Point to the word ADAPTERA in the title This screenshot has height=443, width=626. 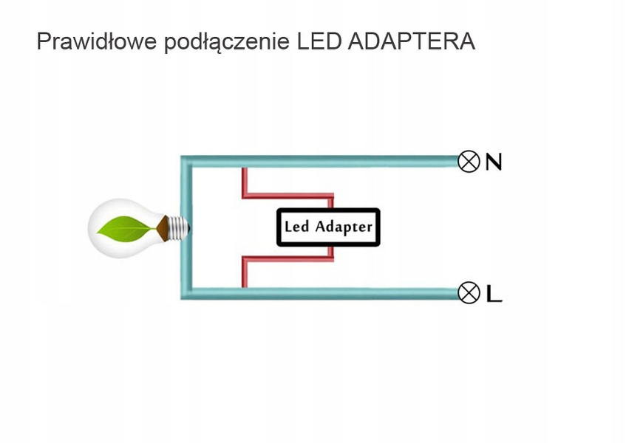coord(410,41)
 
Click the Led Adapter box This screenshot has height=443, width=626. coord(328,227)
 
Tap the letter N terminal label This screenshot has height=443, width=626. coord(493,162)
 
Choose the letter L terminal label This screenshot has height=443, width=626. coord(494,294)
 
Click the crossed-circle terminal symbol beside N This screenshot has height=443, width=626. coord(469,161)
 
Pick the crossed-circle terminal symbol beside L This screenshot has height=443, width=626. coord(469,293)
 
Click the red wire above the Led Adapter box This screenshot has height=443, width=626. coord(288,197)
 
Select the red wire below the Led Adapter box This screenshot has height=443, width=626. coord(288,258)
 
